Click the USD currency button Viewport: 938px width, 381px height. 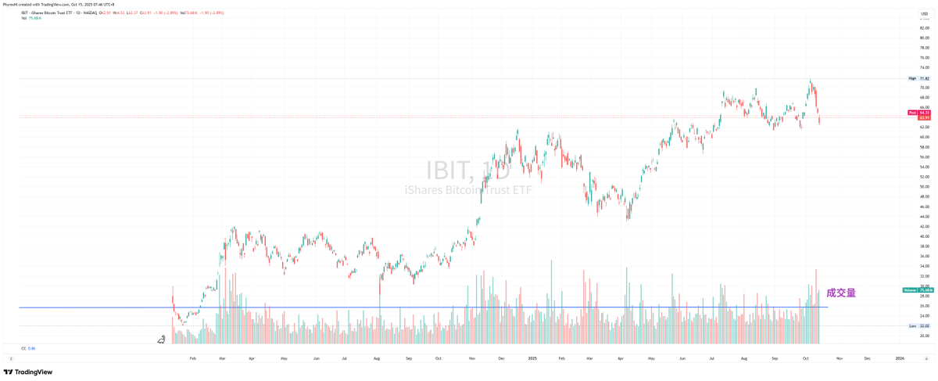tap(923, 13)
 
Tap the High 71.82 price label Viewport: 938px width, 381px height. tap(918, 78)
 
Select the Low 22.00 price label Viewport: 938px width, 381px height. tap(918, 325)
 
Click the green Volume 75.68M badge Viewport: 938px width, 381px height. tap(918, 290)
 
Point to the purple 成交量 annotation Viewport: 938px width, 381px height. tap(841, 293)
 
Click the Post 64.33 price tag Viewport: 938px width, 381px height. tap(918, 113)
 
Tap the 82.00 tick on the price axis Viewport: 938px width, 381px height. tap(925, 27)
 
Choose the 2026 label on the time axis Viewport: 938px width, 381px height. tap(900, 358)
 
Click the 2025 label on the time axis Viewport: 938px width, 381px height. tap(532, 358)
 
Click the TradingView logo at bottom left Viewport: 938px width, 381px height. tap(28, 372)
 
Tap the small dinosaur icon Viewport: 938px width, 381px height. tap(161, 340)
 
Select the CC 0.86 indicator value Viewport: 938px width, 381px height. tap(28, 348)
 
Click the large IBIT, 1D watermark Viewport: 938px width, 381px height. tap(467, 171)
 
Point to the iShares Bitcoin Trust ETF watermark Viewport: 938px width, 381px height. tap(467, 190)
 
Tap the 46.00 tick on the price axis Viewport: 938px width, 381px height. tap(925, 207)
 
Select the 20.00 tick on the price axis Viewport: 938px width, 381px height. tap(925, 336)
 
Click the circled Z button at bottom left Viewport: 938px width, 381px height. tap(11, 358)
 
